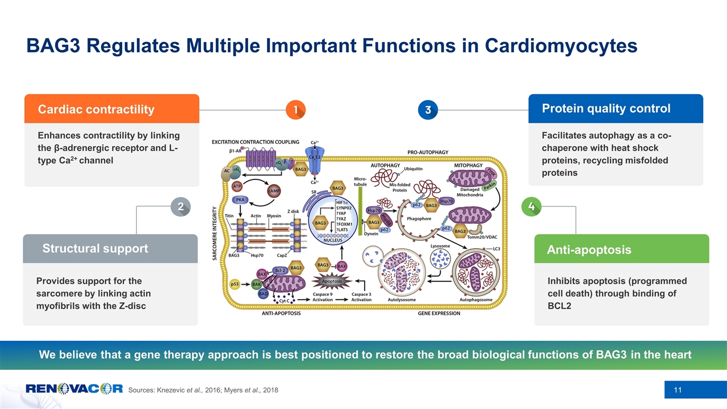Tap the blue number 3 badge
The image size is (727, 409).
point(429,110)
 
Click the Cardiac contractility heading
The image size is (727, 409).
point(95,109)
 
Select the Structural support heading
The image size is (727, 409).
point(95,248)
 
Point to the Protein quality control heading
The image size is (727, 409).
point(606,108)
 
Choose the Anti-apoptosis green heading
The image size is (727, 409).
point(588,250)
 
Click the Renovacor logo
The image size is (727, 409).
point(74,389)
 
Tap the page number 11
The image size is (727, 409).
point(678,389)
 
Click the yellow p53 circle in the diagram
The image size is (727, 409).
point(234,284)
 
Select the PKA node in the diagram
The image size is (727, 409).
point(240,200)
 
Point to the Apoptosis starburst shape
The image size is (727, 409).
point(333,281)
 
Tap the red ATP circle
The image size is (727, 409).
point(238,186)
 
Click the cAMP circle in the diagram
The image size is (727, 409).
point(274,192)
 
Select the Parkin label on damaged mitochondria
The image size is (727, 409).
point(489,186)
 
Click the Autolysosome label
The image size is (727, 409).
point(401,299)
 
